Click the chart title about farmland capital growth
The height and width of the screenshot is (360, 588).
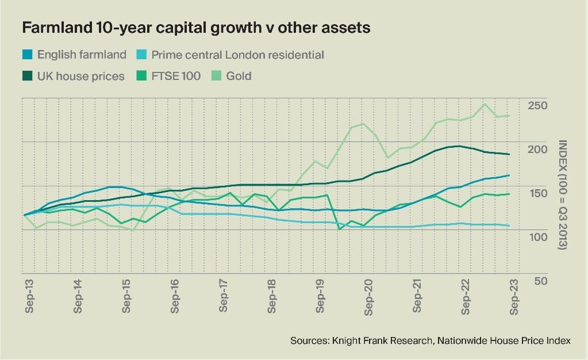click(196, 28)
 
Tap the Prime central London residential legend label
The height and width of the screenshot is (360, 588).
click(238, 55)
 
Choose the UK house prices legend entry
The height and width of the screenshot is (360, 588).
click(80, 76)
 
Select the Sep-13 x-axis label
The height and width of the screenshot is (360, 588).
click(29, 297)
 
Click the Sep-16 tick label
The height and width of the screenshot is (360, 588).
click(175, 297)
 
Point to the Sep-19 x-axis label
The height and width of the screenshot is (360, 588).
click(320, 297)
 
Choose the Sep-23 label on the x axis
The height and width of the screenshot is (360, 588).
click(513, 297)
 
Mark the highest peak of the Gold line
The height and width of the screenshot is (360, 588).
click(484, 104)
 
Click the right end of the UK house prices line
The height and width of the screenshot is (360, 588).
click(508, 154)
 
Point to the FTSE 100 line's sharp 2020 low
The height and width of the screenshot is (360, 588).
click(340, 228)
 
